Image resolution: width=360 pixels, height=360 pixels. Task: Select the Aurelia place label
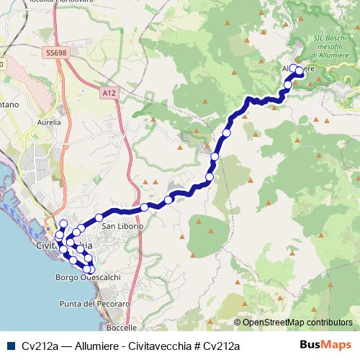48,123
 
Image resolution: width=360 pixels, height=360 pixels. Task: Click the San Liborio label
122,226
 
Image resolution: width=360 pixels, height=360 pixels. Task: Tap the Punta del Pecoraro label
95,304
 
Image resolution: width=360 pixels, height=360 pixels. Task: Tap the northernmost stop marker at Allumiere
293,68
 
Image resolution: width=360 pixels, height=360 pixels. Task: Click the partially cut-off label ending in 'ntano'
9,105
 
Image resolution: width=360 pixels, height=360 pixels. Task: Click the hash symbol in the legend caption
196,346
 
